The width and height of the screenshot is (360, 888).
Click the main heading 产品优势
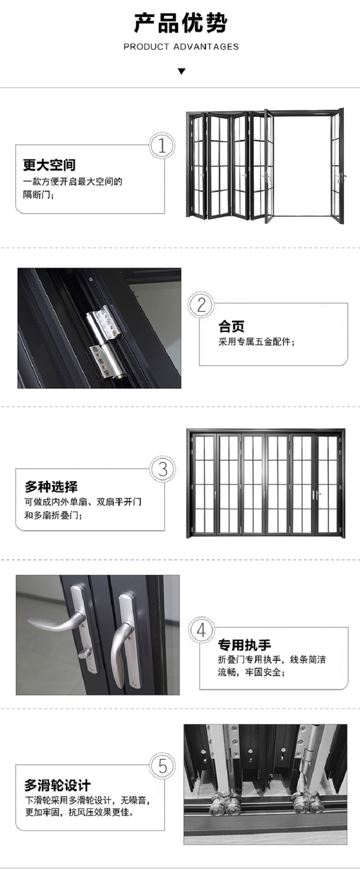(x=181, y=23)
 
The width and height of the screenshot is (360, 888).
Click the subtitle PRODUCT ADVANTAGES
(x=181, y=46)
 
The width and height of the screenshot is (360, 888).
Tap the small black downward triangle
(x=181, y=71)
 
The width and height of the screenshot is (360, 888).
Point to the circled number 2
(x=201, y=305)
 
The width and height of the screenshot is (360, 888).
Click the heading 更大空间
(x=49, y=165)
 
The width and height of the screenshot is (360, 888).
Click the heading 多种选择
(x=51, y=487)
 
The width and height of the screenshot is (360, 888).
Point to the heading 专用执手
(x=244, y=646)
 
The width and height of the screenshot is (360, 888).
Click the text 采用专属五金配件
(x=256, y=342)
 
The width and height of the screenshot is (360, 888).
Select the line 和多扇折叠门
(x=53, y=515)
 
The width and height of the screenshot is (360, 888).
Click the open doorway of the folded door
(x=302, y=166)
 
